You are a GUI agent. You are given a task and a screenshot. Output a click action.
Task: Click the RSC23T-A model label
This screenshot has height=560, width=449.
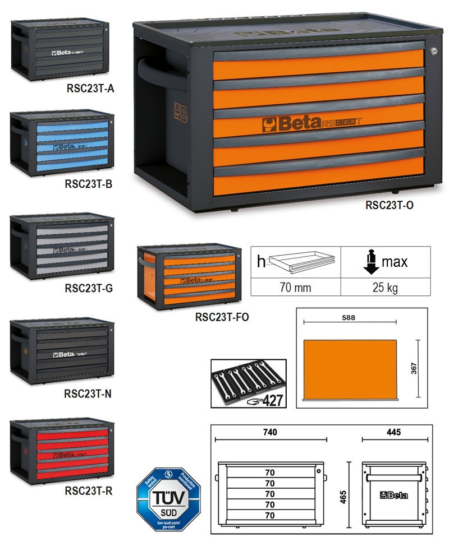[x=90, y=87]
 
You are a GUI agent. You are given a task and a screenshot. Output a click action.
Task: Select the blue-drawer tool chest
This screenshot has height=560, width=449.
[x=62, y=144]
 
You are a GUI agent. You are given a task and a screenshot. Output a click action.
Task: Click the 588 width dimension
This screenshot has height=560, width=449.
[x=349, y=317]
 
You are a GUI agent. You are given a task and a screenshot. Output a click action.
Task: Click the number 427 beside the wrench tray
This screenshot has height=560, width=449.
[x=273, y=400]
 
